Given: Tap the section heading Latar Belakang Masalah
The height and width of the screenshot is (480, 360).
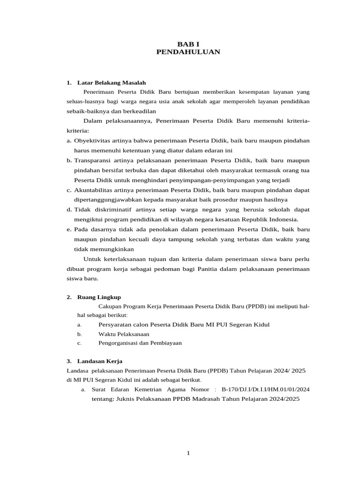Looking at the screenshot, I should click(108, 82).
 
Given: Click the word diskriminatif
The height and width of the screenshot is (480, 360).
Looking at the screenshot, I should click(107, 210).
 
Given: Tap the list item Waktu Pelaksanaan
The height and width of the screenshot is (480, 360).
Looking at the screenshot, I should click(124, 334).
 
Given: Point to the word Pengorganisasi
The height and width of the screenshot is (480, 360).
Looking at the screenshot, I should click(117, 343).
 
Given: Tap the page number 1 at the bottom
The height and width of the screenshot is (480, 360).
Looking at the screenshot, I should click(188, 453).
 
